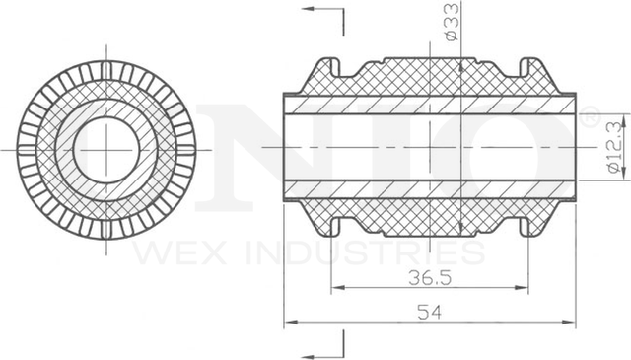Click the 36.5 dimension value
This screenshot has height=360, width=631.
[430, 278]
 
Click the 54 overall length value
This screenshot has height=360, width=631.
[430, 312]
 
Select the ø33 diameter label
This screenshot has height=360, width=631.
[453, 22]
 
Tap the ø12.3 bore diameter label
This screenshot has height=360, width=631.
[615, 148]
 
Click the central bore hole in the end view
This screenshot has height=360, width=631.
[106, 150]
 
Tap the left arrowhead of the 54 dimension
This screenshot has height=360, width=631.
[291, 323]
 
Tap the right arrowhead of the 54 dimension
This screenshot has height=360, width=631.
[569, 323]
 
